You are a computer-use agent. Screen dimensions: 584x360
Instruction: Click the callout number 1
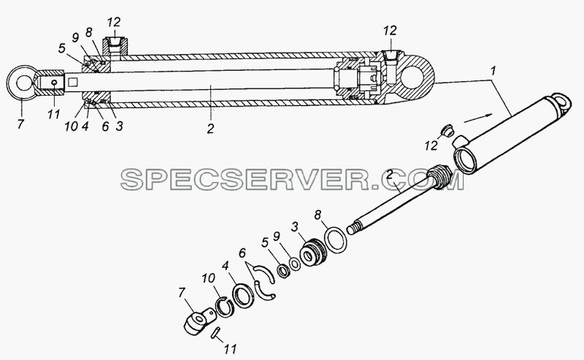point(493,71)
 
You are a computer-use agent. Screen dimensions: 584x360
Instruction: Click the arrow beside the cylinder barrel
point(478,118)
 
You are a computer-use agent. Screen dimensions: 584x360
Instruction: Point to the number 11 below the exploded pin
point(230,349)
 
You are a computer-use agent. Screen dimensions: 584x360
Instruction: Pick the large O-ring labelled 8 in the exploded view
point(337,240)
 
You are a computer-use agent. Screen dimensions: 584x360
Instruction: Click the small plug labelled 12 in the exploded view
point(446,131)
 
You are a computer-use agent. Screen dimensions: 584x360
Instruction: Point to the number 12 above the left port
point(114,22)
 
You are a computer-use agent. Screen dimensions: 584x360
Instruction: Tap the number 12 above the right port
point(390,31)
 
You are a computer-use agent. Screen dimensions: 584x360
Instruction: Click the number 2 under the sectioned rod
point(210,129)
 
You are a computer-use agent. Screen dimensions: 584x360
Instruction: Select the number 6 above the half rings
point(242,253)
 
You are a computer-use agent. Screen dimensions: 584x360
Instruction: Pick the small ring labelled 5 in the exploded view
point(283,271)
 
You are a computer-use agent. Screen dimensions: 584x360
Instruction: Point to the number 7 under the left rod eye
point(20,123)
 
